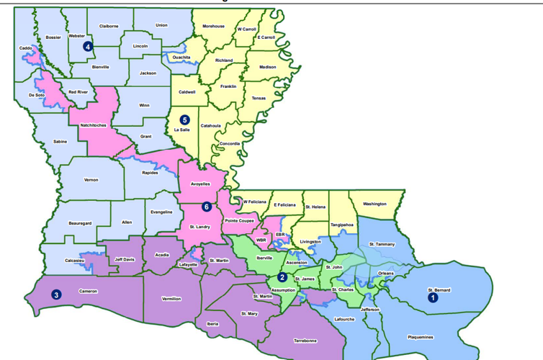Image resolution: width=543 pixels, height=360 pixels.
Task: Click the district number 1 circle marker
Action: pos(433,297)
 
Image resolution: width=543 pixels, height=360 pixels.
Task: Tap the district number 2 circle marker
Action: pos(282,277)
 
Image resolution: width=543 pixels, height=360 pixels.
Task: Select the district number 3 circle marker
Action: pos(56,294)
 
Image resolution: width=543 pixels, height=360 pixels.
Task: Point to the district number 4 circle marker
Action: pos(88,46)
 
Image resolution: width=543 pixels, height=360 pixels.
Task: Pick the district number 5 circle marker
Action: pos(185,120)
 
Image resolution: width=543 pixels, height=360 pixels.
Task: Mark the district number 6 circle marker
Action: pos(206,207)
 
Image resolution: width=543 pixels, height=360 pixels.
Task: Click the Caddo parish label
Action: pos(25,48)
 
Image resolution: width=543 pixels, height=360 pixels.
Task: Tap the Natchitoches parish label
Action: pos(94,125)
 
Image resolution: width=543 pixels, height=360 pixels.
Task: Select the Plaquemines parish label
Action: pos(421,336)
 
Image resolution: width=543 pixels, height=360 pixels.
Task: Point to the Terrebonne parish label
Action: pos(305,340)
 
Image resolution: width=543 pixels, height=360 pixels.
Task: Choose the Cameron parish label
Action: pos(88,291)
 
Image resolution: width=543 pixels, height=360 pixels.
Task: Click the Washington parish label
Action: pos(374,204)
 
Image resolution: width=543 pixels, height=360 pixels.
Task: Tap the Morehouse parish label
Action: pos(213,26)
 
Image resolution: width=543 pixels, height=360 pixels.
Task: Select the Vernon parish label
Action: pos(91,179)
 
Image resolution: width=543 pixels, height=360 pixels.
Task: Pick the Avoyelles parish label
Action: pos(200,184)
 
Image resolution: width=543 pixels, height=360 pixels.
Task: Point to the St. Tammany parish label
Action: pos(382,244)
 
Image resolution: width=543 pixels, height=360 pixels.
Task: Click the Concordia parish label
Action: pos(230,143)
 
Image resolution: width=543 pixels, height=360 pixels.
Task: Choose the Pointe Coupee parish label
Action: pos(239,220)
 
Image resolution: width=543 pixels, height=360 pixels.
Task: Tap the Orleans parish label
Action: pos(386,274)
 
